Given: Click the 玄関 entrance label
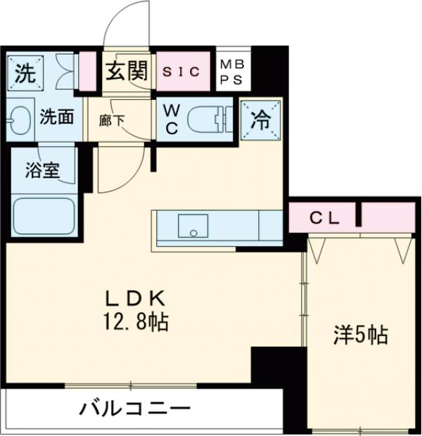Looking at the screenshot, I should click(x=127, y=71).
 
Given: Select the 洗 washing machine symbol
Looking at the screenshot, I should click(x=25, y=72).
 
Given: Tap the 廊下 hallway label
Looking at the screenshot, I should click(x=111, y=120).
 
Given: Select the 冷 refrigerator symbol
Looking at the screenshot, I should click(x=260, y=120).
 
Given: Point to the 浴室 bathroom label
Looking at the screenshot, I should click(x=41, y=171).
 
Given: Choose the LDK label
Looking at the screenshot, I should click(x=132, y=297).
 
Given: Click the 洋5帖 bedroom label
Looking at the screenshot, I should click(x=359, y=335).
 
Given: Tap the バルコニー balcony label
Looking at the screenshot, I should click(x=134, y=409).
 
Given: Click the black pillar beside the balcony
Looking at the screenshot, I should click(x=278, y=366).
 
